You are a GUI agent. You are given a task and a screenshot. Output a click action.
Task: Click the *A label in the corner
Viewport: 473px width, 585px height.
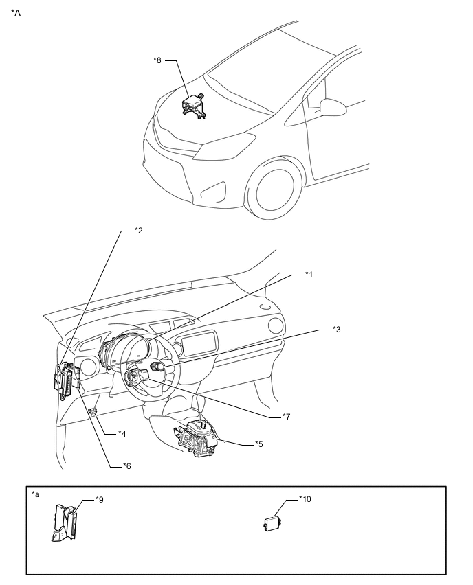click(16, 12)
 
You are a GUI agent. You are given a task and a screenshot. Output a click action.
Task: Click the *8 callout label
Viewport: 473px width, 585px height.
click(158, 60)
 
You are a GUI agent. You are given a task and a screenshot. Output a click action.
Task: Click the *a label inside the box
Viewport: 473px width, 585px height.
click(36, 494)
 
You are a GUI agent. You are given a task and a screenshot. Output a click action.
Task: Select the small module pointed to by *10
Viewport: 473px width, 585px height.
click(273, 523)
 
